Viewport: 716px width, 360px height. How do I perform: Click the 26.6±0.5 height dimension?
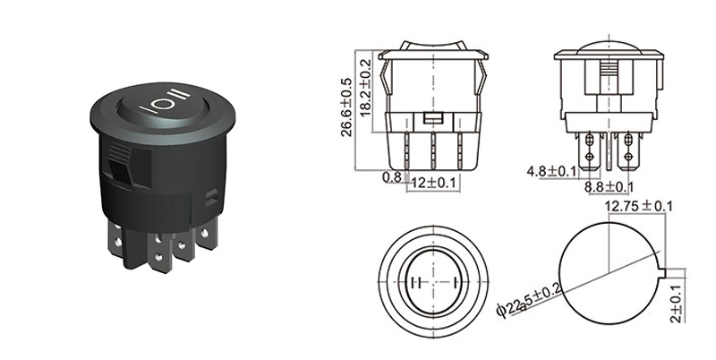(x=347, y=107)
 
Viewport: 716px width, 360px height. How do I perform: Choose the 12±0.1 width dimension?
(x=432, y=184)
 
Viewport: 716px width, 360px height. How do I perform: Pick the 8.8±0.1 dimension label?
(x=609, y=186)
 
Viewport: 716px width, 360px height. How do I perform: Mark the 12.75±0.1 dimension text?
(x=639, y=207)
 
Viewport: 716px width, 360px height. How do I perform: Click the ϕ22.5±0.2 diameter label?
(x=527, y=309)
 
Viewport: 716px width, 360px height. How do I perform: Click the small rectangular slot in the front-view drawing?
(x=433, y=118)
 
